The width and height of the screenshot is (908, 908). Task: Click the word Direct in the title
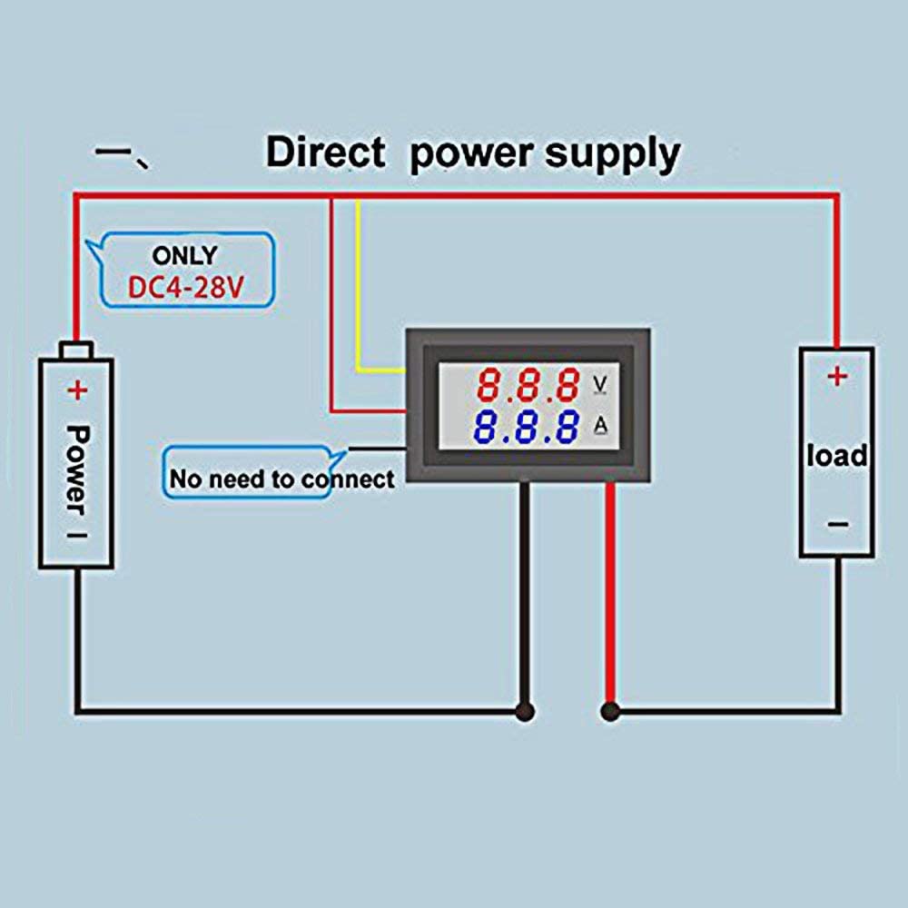[x=324, y=152]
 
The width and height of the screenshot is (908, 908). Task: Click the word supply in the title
[x=611, y=154]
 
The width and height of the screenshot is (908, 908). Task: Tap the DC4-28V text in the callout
[x=185, y=290]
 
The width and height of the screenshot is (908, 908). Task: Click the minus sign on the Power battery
[x=77, y=536]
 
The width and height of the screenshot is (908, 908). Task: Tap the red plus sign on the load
[x=836, y=375]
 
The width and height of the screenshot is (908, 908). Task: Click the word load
[x=836, y=455]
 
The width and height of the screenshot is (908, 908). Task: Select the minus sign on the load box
[x=837, y=524]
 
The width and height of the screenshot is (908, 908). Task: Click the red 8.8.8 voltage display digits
[x=528, y=385]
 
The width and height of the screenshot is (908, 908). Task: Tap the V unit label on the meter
[x=599, y=384]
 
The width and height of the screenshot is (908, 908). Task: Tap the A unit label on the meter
[x=599, y=424]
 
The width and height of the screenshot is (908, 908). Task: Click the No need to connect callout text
[x=281, y=479]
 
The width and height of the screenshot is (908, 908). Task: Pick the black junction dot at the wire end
[x=524, y=711]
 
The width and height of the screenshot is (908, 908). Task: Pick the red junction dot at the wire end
[x=609, y=711]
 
